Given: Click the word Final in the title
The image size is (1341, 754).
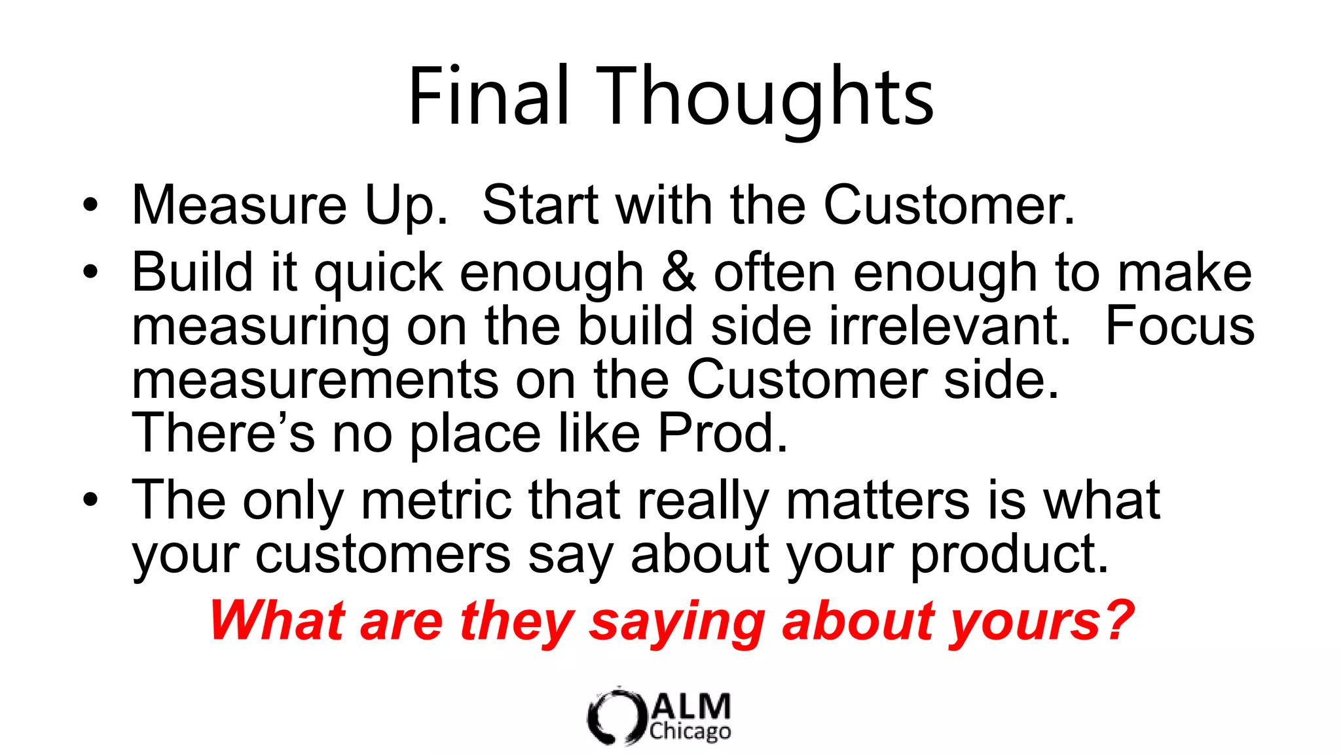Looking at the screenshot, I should point(488,97).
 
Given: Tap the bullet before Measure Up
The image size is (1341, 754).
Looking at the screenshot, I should point(90,205).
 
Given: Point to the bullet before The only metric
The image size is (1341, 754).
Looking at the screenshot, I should point(90,499).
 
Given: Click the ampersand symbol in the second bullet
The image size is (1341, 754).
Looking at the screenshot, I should point(678,272).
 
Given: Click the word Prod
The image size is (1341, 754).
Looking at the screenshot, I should point(722,433).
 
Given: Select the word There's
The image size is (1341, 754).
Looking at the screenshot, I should point(223,433).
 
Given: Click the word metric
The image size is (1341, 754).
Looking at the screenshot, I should point(436,500).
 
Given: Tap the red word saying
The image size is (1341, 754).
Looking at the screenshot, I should point(677,621).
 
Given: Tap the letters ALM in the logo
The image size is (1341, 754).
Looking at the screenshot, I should point(691,707).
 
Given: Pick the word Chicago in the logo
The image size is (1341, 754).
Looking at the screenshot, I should point(690,731).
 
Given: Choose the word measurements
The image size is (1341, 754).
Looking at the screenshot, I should point(315,380).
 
